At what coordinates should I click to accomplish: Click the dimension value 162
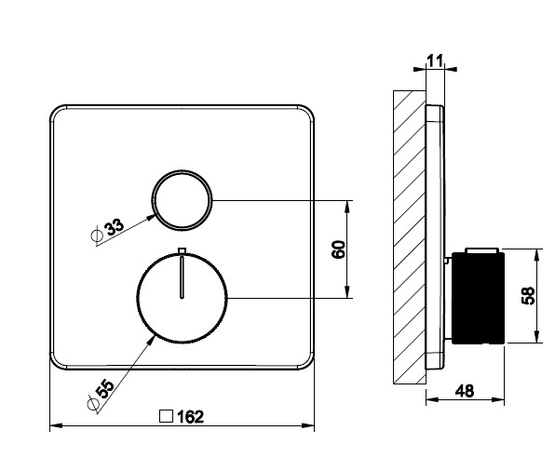[x=190, y=417]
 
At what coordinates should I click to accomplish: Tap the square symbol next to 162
[x=166, y=416]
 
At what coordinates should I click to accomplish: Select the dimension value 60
[x=339, y=249]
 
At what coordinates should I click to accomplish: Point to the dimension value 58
[x=528, y=295]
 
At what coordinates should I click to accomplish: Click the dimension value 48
[x=465, y=391]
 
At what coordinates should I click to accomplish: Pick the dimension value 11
[x=435, y=61]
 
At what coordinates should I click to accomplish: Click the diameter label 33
[x=115, y=226]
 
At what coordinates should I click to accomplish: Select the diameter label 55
[x=105, y=388]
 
